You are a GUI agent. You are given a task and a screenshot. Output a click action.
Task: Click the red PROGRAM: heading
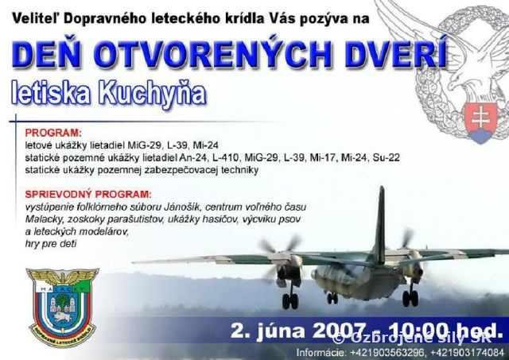coord(53,133)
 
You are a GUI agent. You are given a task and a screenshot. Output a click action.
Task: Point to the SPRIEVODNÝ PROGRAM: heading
coord(87,194)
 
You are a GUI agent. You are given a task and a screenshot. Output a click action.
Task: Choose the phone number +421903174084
coord(462,350)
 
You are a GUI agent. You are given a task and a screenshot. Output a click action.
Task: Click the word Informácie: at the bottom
coord(321,350)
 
